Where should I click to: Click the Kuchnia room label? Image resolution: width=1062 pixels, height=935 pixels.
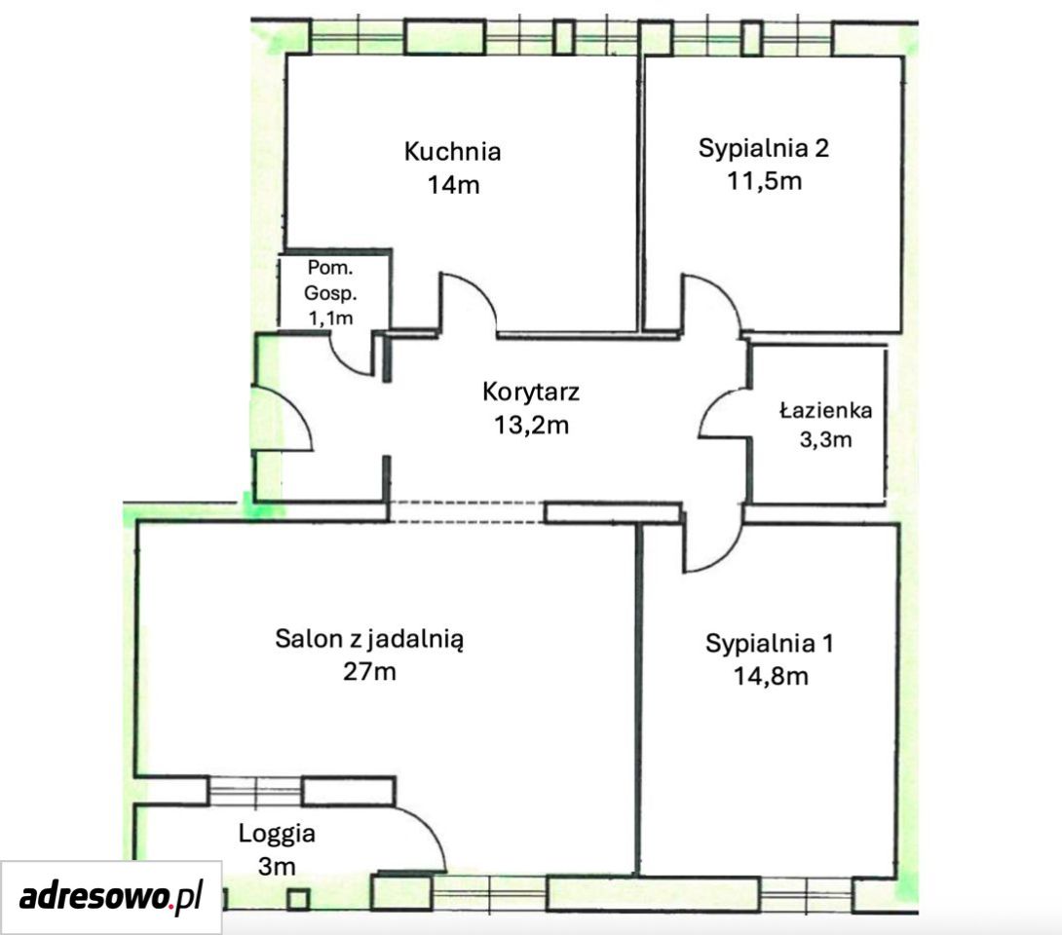(x=452, y=151)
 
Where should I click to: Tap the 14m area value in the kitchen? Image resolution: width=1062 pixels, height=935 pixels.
(x=453, y=184)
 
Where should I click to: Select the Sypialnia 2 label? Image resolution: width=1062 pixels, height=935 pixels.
(x=763, y=149)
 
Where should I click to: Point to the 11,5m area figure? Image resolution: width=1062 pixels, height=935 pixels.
(x=765, y=181)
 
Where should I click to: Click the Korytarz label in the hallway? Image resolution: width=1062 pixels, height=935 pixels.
(x=531, y=392)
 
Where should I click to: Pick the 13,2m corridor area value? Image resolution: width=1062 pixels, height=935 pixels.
(x=531, y=426)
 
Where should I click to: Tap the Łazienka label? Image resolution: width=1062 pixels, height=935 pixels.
(x=825, y=410)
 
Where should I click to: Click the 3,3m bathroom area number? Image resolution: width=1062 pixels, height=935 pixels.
(x=825, y=440)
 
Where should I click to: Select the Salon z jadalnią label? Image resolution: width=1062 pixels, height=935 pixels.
(x=370, y=639)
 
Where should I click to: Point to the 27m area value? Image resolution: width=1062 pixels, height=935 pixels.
(x=370, y=672)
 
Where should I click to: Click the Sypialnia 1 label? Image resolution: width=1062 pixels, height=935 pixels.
(x=770, y=643)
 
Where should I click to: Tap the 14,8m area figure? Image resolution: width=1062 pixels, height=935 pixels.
(x=771, y=676)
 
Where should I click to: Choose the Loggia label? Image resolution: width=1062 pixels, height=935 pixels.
(x=277, y=834)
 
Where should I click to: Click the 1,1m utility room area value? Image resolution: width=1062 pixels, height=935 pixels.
(x=330, y=318)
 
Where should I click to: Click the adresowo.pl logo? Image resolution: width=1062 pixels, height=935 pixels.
(x=111, y=897)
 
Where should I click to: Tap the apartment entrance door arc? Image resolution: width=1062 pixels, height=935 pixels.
(x=298, y=406)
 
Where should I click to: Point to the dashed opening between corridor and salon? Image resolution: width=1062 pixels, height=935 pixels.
(x=467, y=512)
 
